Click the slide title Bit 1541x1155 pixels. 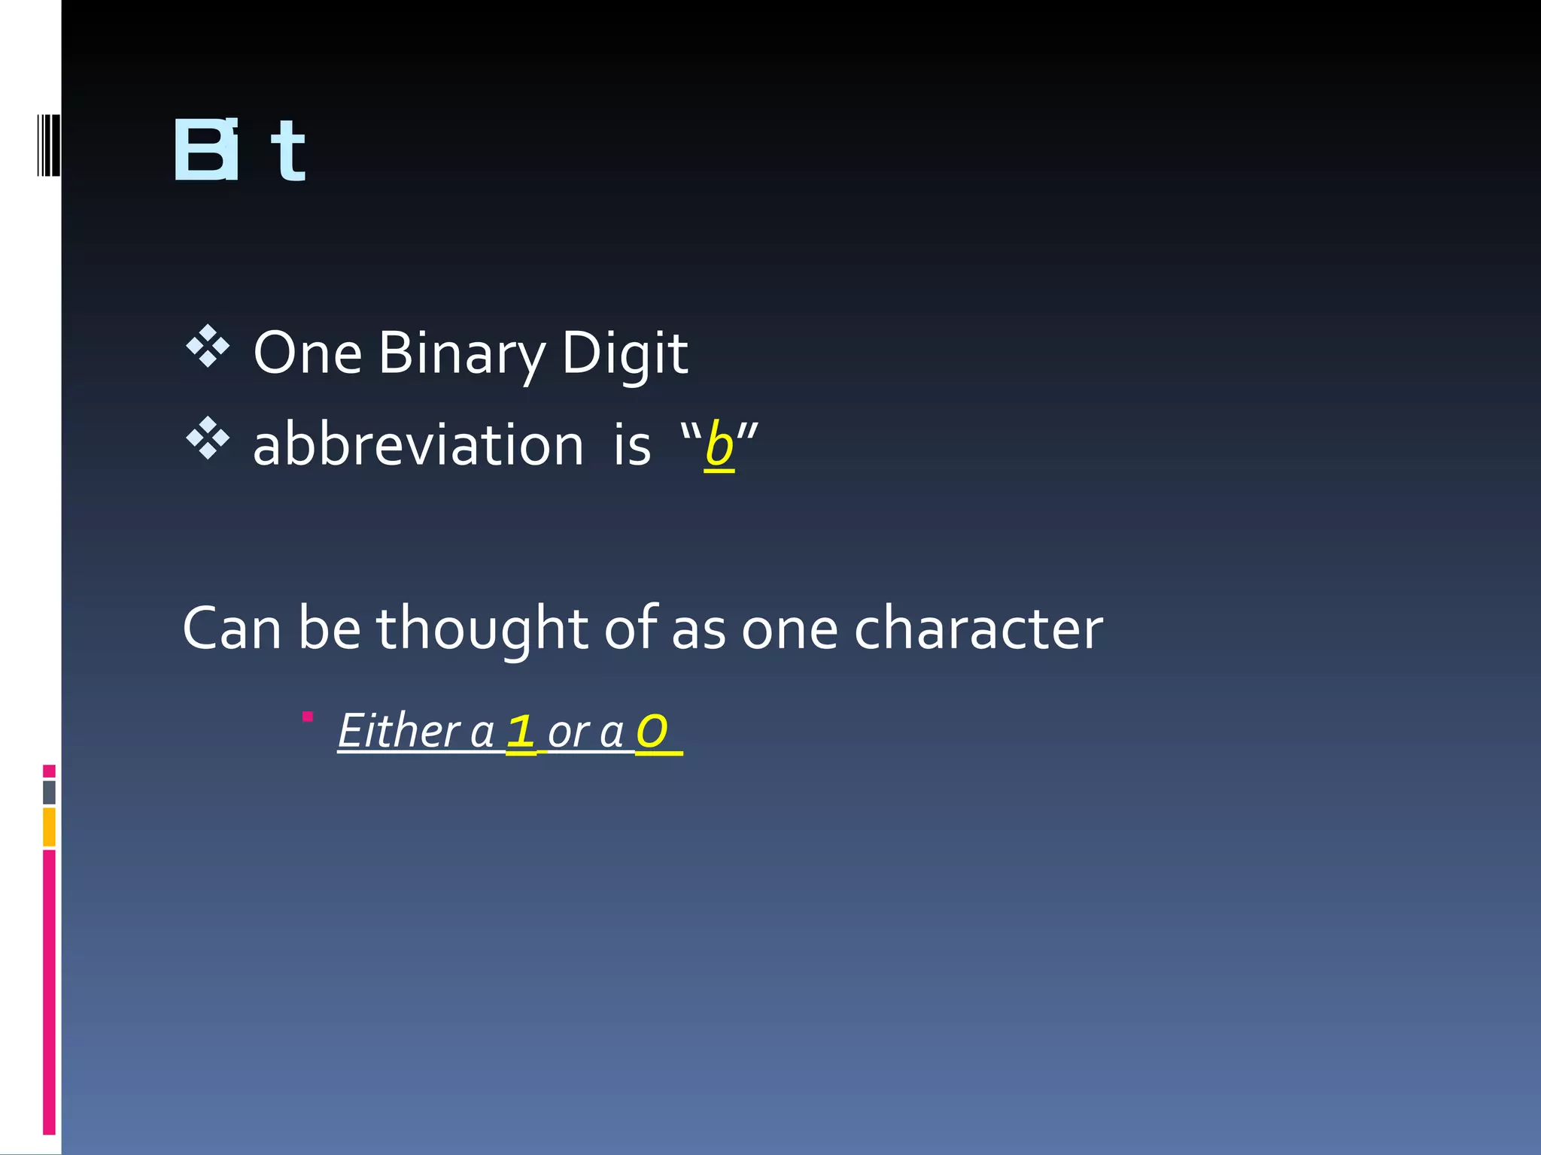239,150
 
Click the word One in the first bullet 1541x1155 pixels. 308,353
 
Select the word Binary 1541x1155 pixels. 461,353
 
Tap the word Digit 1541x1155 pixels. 624,353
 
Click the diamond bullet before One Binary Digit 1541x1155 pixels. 207,347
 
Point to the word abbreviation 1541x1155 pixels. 418,444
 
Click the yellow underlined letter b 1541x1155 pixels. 719,445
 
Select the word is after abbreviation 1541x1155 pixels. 631,444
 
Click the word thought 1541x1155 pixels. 482,628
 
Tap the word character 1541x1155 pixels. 978,628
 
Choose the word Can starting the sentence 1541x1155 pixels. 232,628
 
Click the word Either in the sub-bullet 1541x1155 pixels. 399,730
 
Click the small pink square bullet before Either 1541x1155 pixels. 307,717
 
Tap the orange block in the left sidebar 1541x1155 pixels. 49,826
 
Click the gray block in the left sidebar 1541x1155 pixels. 49,792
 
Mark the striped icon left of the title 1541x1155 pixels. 48,145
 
